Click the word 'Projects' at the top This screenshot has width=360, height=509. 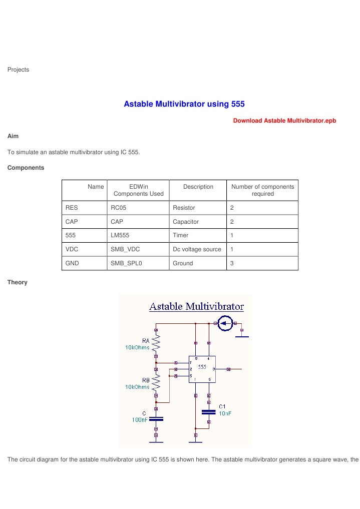pos(18,70)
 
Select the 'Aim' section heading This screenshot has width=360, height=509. pos(13,136)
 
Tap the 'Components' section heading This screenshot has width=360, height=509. pos(26,168)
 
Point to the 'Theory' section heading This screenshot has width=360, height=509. pos(17,282)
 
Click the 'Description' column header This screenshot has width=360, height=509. pos(198,187)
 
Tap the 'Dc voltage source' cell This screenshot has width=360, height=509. pos(197,249)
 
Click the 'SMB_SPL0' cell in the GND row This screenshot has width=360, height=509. pos(126,263)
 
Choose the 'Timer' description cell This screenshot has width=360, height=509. pos(180,235)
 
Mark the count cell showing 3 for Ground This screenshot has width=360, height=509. pos(232,263)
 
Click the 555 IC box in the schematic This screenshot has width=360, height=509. pos(202,369)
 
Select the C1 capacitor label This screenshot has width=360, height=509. pos(223,406)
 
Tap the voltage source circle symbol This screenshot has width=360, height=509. pos(226,323)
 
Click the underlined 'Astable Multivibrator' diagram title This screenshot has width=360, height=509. pos(196,306)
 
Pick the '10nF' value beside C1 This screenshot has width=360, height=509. pos(224,413)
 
